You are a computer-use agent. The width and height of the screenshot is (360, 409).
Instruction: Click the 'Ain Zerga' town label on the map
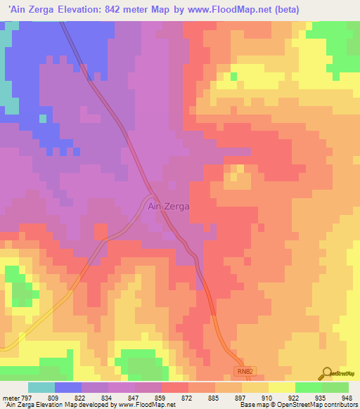pos(168,207)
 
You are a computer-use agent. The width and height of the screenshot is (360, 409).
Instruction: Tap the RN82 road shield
pos(242,370)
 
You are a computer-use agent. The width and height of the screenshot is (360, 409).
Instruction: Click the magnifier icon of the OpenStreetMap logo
pos(327,373)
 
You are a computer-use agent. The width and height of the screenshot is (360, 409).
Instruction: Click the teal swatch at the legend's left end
pos(41,387)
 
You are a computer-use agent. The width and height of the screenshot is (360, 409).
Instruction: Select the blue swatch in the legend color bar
pos(68,387)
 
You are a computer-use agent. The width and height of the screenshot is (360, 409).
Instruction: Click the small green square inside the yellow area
pos(234,77)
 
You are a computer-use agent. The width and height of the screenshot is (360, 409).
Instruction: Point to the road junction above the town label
pos(151,195)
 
